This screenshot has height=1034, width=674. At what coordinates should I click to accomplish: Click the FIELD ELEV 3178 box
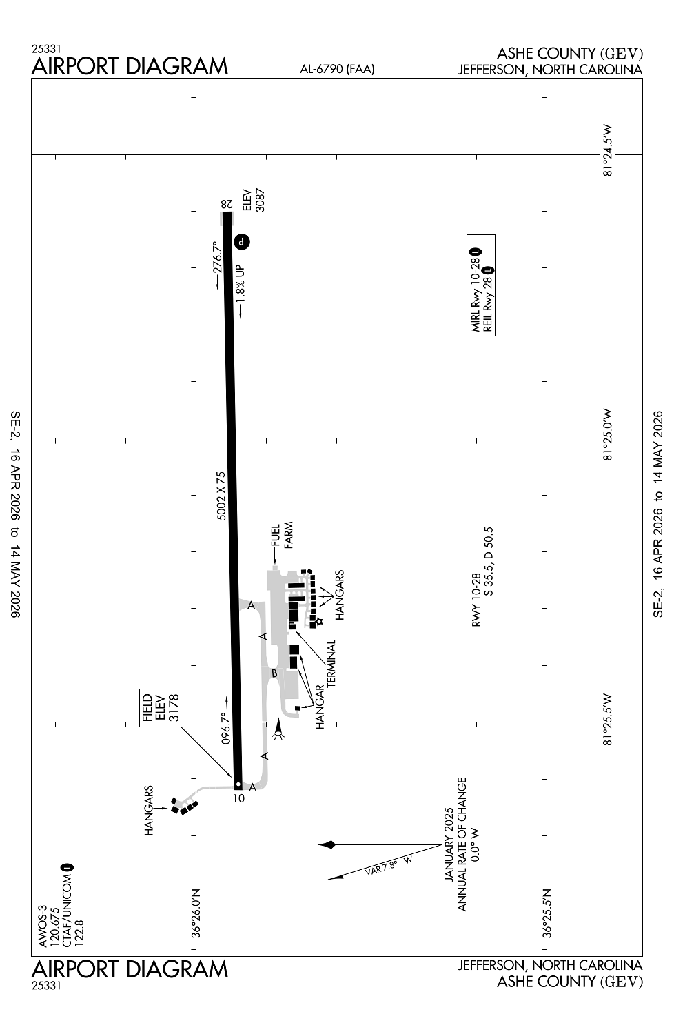pyautogui.click(x=160, y=707)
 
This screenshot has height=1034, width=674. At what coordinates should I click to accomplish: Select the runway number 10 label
pyautogui.click(x=238, y=799)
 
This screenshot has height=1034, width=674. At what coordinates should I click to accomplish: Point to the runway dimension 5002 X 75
pyautogui.click(x=221, y=496)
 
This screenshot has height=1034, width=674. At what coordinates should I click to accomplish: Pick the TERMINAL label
pyautogui.click(x=331, y=662)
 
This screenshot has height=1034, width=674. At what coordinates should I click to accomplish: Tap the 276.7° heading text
pyautogui.click(x=218, y=257)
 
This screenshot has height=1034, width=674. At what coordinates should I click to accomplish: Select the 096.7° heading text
pyautogui.click(x=225, y=729)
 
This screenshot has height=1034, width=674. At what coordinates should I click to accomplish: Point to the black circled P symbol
pyautogui.click(x=242, y=241)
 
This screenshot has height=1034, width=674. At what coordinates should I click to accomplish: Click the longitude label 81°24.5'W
pyautogui.click(x=606, y=150)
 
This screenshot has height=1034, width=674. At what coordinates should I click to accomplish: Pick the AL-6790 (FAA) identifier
pyautogui.click(x=337, y=69)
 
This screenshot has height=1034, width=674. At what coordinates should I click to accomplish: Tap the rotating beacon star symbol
pyautogui.click(x=318, y=621)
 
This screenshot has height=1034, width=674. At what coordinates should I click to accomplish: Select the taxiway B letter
pyautogui.click(x=274, y=673)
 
